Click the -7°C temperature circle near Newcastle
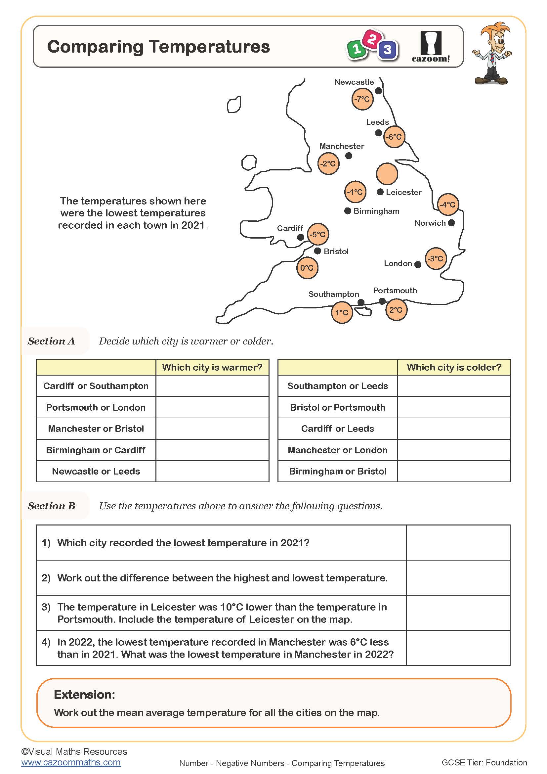tap(362, 99)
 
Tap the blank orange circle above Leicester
tap(387, 174)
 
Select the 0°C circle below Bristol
tap(307, 268)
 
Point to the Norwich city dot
tap(452, 223)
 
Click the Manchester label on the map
tap(342, 146)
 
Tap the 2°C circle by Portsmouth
tap(396, 310)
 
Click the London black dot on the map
tap(418, 265)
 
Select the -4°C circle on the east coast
tap(448, 205)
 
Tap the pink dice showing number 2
tap(372, 39)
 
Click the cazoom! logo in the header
tap(431, 47)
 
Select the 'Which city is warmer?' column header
tap(212, 367)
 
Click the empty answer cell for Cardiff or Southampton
tap(212, 386)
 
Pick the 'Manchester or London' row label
tap(338, 450)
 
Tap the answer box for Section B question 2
tap(458, 578)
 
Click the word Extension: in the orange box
tap(85, 695)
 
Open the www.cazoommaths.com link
tap(71, 762)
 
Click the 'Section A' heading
tap(51, 341)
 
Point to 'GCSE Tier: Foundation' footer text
tap(484, 762)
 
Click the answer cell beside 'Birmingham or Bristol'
tap(454, 471)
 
